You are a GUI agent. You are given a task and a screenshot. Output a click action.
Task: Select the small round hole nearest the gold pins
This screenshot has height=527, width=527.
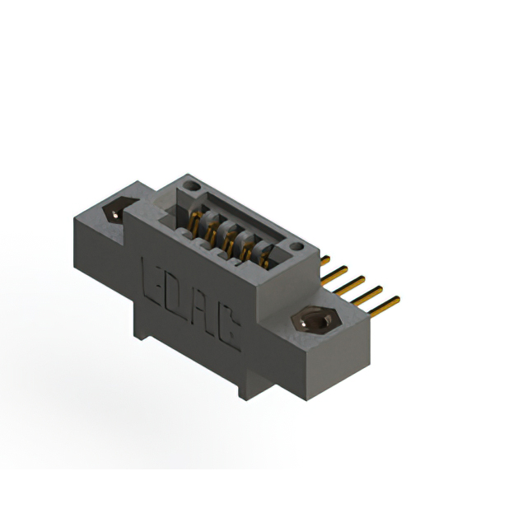pos(295,246)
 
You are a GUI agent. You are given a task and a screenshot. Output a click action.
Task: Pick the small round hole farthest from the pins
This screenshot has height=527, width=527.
pos(192,187)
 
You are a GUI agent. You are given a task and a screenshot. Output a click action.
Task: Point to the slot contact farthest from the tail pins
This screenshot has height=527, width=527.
pos(196,221)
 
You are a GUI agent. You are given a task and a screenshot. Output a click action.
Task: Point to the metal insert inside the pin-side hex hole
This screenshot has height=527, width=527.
pos(313,321)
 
